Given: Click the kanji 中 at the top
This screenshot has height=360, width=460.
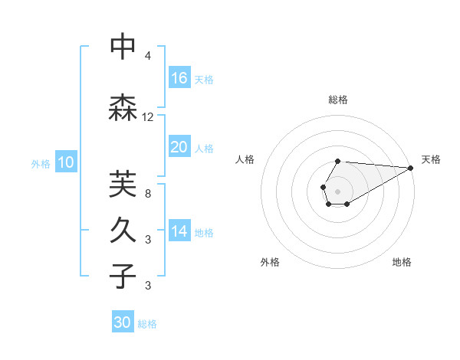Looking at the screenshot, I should [123, 47].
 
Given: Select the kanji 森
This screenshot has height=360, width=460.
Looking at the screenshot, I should [123, 107].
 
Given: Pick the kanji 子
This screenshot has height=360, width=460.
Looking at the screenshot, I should [123, 276].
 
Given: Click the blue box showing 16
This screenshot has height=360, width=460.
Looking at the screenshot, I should [179, 77].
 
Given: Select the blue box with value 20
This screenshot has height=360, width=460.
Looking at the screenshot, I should [179, 147].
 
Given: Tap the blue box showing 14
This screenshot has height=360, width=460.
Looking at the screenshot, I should [179, 231].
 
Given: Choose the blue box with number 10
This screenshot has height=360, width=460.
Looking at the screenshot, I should [66, 162].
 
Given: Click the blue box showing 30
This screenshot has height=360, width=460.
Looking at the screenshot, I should [123, 322].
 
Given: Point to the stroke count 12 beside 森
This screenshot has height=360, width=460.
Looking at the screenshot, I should [148, 117].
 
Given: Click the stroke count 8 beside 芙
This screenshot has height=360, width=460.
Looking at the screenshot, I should [148, 194].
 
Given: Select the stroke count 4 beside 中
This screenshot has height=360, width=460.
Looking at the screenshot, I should [148, 56].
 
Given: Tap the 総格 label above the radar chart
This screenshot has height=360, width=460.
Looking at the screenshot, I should [338, 100].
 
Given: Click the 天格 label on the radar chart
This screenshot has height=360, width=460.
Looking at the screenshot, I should [431, 159].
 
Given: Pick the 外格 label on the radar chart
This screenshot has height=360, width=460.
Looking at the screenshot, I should [270, 262].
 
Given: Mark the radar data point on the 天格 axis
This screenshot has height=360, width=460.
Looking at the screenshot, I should [411, 167].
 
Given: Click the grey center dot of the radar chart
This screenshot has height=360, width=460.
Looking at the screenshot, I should [337, 190].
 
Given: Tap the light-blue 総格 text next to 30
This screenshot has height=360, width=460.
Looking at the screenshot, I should [147, 324].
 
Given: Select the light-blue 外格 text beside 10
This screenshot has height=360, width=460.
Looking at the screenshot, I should [41, 163].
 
